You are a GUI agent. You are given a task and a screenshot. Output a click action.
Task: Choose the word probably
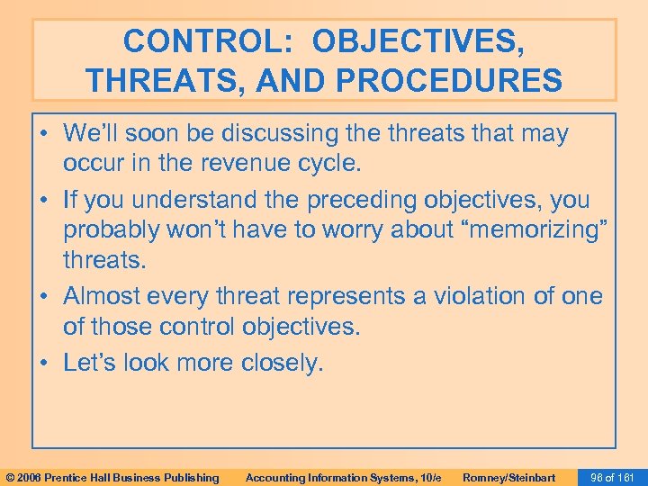coord(112,230)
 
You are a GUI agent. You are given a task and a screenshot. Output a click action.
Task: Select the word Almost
coord(107,296)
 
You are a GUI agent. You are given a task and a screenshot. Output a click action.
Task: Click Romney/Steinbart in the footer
coord(508,477)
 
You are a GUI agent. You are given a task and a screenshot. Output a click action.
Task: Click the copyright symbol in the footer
coord(8,477)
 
